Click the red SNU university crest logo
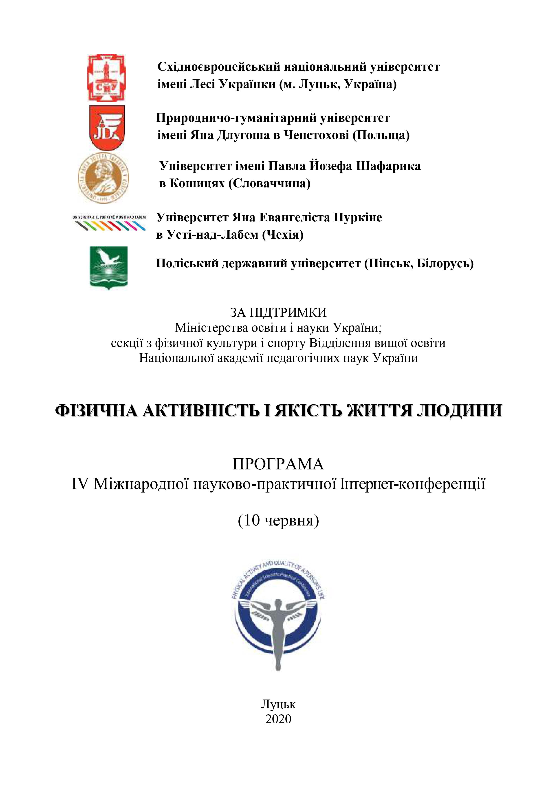pyautogui.click(x=106, y=78)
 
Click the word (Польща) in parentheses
pyautogui.click(x=381, y=135)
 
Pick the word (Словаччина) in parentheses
pyautogui.click(x=269, y=184)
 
